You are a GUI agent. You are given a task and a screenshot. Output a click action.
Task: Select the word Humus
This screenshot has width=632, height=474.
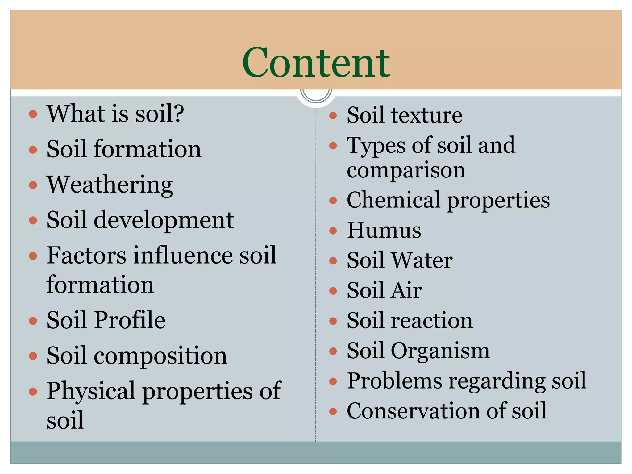point(384,230)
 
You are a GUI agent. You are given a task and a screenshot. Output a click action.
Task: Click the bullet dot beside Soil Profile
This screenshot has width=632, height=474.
point(33,321)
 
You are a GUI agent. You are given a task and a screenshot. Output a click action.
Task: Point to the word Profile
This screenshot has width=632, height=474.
point(130,320)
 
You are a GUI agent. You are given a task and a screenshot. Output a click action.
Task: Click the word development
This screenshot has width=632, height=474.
point(164,220)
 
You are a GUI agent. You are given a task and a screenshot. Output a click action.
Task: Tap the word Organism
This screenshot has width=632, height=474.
point(440,351)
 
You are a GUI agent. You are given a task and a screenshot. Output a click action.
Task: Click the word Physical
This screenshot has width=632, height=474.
point(91,391)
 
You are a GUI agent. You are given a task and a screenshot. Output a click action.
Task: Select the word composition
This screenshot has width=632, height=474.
point(160,355)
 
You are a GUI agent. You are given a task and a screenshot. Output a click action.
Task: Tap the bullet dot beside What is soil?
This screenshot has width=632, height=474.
point(33,114)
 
